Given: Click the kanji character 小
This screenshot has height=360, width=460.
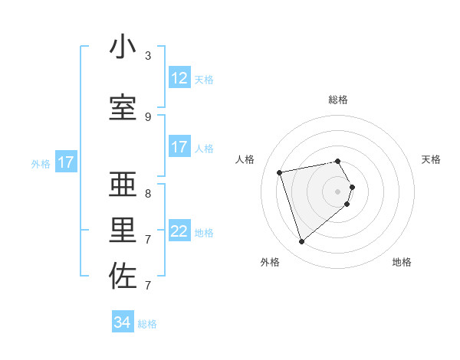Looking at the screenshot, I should coord(123,47).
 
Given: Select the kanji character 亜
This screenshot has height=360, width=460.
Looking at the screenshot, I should coord(123,185).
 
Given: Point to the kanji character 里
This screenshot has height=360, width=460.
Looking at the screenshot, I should coord(123,231).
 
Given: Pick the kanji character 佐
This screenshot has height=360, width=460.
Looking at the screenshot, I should coord(123,277).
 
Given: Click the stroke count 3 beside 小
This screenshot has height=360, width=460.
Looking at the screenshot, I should coord(148,56).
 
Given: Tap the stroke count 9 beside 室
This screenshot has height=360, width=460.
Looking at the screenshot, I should coord(148,117).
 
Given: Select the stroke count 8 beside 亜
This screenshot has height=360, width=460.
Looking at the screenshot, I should coord(148,194).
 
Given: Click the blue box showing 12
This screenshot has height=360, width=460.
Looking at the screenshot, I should coord(179,77).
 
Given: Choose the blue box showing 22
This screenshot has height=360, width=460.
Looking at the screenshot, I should coord(179,231).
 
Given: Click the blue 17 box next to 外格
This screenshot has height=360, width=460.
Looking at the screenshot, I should coord(65,162).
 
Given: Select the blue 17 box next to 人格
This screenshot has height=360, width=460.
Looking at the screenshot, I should coord(179,147).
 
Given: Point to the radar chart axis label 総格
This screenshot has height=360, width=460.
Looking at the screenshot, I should coord(338,100).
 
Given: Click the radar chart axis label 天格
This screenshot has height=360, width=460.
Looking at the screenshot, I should coord(431,159).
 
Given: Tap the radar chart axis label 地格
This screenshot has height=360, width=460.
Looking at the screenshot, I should coord(402,262).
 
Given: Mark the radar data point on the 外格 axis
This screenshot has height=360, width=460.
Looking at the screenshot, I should coord(301,242).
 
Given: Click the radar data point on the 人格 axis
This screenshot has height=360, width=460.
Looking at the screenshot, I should coord(280,172).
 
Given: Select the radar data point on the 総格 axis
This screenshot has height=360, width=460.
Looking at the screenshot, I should coord(338,161).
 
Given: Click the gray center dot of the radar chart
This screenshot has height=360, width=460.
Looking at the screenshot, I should coord(338,191).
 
